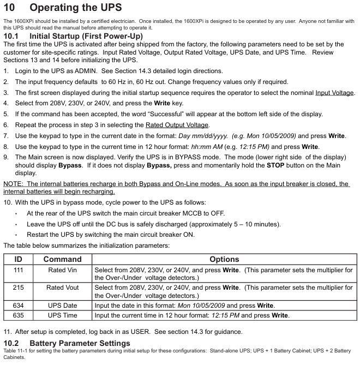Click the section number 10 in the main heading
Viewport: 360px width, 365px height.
point(11,9)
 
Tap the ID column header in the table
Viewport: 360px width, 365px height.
point(18,259)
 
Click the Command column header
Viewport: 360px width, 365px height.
point(62,259)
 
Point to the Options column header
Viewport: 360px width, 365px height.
point(224,259)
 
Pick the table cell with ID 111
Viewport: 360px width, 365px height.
point(18,270)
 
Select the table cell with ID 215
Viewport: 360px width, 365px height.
point(18,288)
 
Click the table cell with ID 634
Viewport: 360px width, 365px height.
point(18,305)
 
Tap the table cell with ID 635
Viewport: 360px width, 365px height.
point(18,315)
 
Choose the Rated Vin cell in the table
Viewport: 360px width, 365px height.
point(62,270)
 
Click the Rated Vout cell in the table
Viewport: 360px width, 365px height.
point(62,288)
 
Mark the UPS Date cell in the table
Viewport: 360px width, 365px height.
point(62,305)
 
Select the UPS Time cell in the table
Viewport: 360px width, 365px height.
point(62,315)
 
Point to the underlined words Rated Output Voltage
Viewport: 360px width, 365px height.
point(177,125)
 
